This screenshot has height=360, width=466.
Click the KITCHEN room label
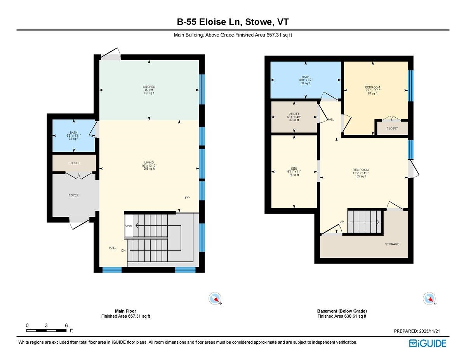tap(149, 87)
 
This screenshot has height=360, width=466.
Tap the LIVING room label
tap(149, 162)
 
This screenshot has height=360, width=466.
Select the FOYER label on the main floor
tap(73, 195)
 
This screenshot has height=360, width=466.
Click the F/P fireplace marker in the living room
tap(187, 198)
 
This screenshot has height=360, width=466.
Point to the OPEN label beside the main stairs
tap(128, 226)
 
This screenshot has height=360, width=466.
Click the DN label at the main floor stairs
tap(123, 251)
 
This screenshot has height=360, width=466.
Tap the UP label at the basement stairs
tap(342, 222)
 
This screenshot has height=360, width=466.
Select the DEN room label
tap(294, 169)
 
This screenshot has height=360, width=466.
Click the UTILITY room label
tap(294, 114)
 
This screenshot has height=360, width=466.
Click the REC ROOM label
tap(360, 170)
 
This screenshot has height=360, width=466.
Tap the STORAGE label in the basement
tap(392, 244)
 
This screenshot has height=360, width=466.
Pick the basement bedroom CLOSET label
tap(392, 128)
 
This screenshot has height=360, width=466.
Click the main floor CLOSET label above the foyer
tap(74, 163)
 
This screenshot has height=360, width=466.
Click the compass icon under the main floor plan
tap(215, 299)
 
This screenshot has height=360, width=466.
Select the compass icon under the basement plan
tap(429, 299)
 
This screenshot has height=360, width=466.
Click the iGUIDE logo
tap(427, 343)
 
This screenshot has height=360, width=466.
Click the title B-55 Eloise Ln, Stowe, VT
tap(233, 23)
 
